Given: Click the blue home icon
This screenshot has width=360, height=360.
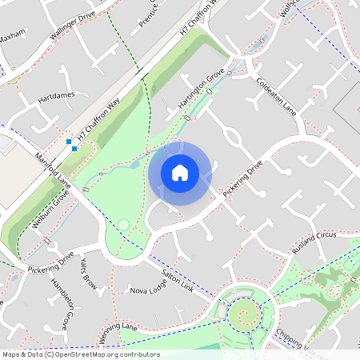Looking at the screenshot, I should coord(180,173).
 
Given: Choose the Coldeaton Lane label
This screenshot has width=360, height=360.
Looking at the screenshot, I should coord(277,97).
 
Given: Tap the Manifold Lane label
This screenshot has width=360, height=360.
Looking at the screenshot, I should coord(53,172).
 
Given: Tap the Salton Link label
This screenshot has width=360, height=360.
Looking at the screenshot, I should coord(177,278).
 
